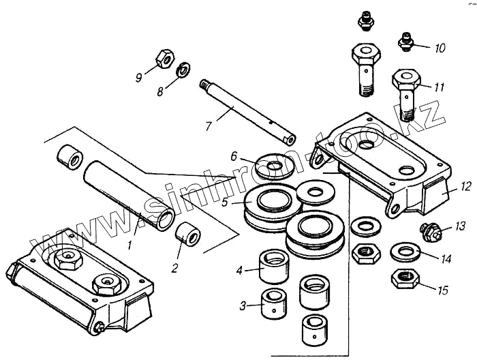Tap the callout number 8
(x=161, y=91)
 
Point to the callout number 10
(x=440, y=48)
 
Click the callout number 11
(x=440, y=87)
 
